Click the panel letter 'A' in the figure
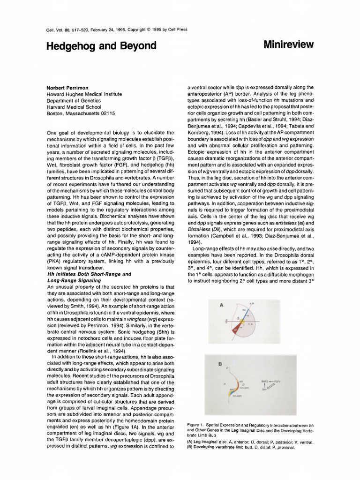click(x=221, y=305)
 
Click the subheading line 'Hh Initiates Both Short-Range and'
click(x=88, y=273)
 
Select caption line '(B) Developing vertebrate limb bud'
click(x=240, y=448)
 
